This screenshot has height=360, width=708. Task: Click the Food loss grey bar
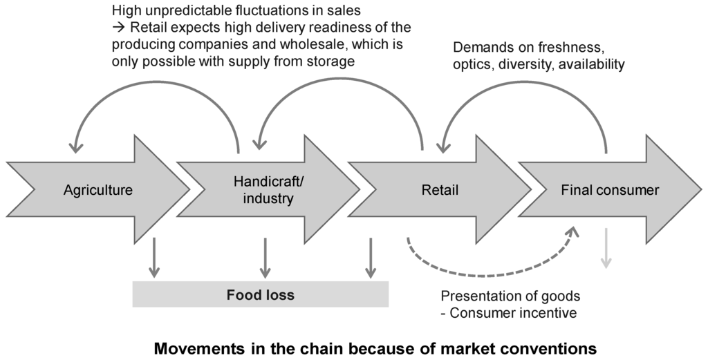[260, 295]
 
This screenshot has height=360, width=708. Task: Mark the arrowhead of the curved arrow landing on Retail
[440, 146]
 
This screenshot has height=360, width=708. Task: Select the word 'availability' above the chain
[590, 64]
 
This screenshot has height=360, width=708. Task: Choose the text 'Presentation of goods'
[510, 296]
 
